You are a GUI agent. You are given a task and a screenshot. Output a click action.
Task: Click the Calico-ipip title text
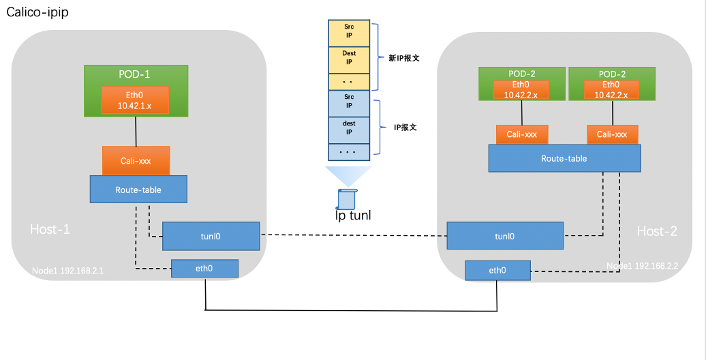(37, 13)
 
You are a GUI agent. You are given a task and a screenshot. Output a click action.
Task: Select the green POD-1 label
(136, 74)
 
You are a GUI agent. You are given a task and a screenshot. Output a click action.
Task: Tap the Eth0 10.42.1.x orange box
(136, 100)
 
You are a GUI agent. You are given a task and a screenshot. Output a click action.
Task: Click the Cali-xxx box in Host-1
(136, 161)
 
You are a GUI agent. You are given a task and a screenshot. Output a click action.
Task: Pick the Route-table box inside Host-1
(138, 189)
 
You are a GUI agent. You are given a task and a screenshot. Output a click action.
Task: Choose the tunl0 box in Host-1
(211, 236)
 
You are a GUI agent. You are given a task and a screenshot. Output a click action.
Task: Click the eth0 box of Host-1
(204, 269)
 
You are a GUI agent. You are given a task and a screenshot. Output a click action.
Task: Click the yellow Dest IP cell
(348, 57)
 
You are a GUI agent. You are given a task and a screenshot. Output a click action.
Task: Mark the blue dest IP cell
(348, 128)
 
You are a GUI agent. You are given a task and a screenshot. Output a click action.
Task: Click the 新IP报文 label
(404, 59)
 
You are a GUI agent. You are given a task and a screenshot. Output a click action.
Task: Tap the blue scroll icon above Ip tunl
(347, 198)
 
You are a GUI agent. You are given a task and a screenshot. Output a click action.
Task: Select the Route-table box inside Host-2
(564, 158)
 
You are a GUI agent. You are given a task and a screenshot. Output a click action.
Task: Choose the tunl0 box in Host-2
(504, 236)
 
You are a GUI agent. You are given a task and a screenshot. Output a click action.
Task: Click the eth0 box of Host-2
(497, 270)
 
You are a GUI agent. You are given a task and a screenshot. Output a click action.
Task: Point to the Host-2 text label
(657, 231)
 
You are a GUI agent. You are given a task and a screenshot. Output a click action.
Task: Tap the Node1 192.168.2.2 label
(643, 265)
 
